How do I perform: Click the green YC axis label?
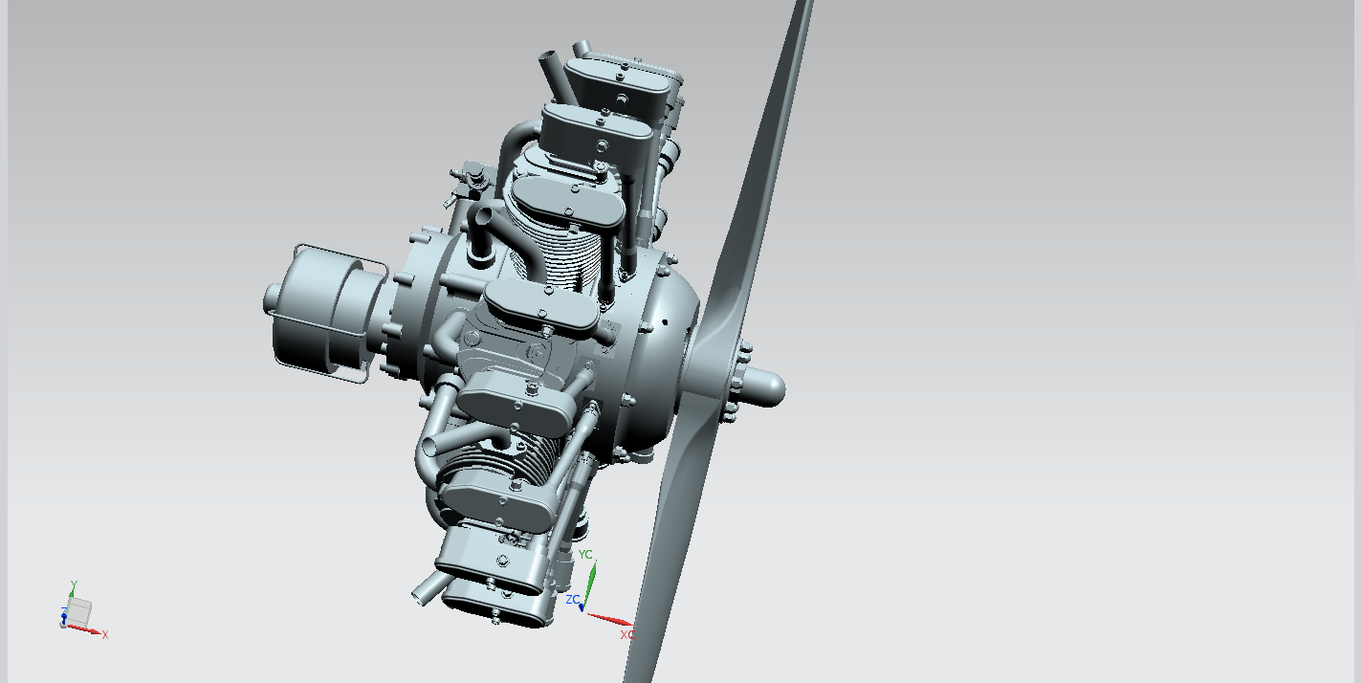[585, 555]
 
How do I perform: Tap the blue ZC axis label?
[572, 600]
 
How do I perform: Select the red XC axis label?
[626, 635]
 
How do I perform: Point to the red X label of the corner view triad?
[105, 635]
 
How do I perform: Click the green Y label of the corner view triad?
[74, 585]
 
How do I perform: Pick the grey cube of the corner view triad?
[79, 611]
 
